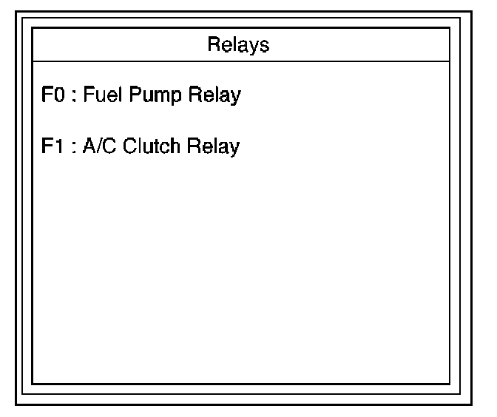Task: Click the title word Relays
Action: pyautogui.click(x=238, y=45)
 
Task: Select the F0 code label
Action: pyautogui.click(x=52, y=96)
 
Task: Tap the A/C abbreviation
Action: pyautogui.click(x=97, y=146)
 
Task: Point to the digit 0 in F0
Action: pyautogui.click(x=58, y=96)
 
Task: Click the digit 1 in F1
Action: pyautogui.click(x=57, y=146)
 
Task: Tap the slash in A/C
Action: pyautogui.click(x=97, y=146)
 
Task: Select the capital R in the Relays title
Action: pyautogui.click(x=213, y=45)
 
